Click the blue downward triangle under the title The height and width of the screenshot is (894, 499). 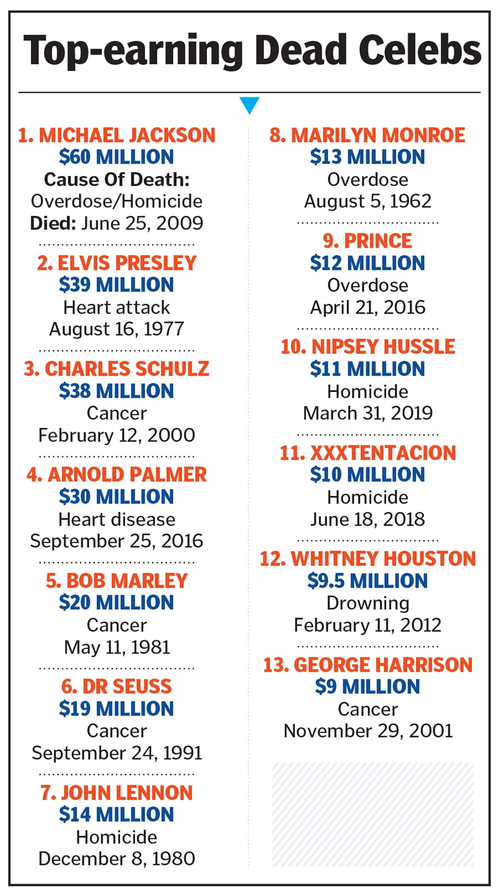tap(249, 104)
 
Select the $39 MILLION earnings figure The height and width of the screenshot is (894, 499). tap(116, 285)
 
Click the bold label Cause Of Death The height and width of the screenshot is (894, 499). tap(116, 179)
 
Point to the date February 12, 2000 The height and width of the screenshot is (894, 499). tap(116, 435)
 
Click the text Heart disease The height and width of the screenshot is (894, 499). tap(116, 519)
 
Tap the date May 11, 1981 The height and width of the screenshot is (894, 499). tap(116, 647)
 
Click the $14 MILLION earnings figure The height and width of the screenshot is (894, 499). tap(116, 814)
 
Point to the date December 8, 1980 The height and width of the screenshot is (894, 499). tap(116, 858)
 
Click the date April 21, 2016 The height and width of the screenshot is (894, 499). tap(368, 307)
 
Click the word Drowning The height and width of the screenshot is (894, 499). tap(368, 603)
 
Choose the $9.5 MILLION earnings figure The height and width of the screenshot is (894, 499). tap(368, 581)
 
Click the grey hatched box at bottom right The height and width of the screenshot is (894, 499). tap(373, 814)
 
